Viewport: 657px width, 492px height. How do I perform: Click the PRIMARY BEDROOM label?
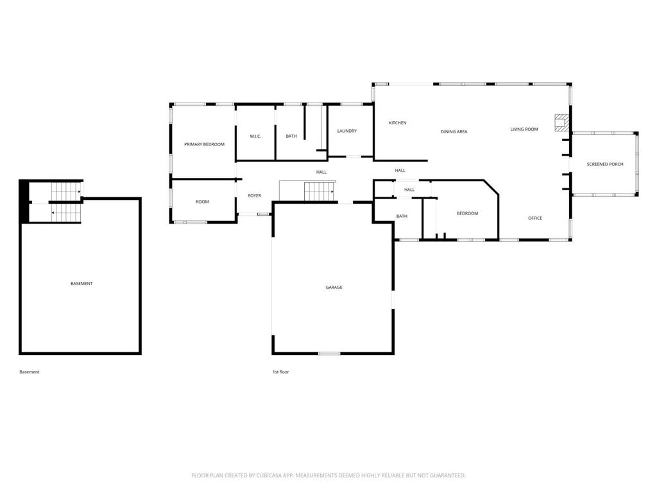click(204, 145)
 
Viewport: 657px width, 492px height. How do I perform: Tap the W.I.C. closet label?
click(255, 136)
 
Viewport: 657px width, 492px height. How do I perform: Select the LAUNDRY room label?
click(346, 131)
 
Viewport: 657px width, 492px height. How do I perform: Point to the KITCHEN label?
click(398, 123)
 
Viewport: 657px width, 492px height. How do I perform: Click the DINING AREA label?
click(454, 132)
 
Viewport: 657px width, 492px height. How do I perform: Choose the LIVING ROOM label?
click(524, 129)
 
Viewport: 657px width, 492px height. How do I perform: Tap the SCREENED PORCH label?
click(605, 165)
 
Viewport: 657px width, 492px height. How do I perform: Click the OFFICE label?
click(535, 218)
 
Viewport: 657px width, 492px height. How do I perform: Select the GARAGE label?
click(334, 288)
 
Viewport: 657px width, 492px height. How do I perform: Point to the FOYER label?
click(255, 196)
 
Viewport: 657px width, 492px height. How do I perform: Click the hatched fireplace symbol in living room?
click(562, 122)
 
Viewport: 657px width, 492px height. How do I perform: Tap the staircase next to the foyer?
click(319, 190)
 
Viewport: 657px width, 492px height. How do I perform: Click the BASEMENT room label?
click(81, 284)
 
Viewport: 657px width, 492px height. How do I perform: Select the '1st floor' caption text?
click(280, 372)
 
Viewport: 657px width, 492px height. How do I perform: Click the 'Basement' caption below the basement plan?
click(30, 372)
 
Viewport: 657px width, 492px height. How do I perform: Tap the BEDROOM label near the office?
click(467, 213)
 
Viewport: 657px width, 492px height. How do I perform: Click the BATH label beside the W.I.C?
click(291, 136)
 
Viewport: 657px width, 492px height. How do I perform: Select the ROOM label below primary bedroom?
click(202, 202)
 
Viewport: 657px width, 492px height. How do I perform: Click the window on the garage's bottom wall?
click(329, 354)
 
